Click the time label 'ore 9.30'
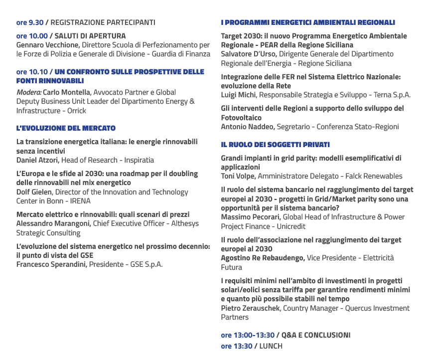30,22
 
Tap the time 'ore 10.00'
32,36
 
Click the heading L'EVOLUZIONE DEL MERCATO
66,128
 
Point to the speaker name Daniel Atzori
38,160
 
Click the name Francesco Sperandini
52,264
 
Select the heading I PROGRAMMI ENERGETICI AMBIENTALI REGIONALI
308,22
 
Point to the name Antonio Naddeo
248,127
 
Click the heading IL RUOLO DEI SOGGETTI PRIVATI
275,145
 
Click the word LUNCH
271,346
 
